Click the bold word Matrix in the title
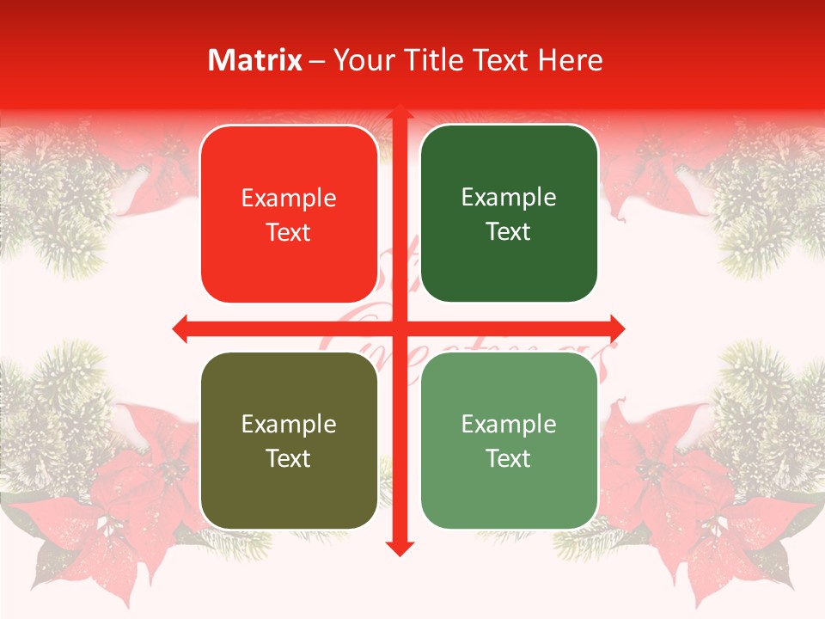pyautogui.click(x=255, y=60)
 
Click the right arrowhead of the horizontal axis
pyautogui.click(x=617, y=328)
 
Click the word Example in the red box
pyautogui.click(x=289, y=199)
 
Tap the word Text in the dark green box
pyautogui.click(x=509, y=231)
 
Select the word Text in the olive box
pyautogui.click(x=289, y=458)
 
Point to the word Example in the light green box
pyautogui.click(x=509, y=424)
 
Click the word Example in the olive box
pyautogui.click(x=289, y=424)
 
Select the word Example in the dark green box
pyautogui.click(x=509, y=198)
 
